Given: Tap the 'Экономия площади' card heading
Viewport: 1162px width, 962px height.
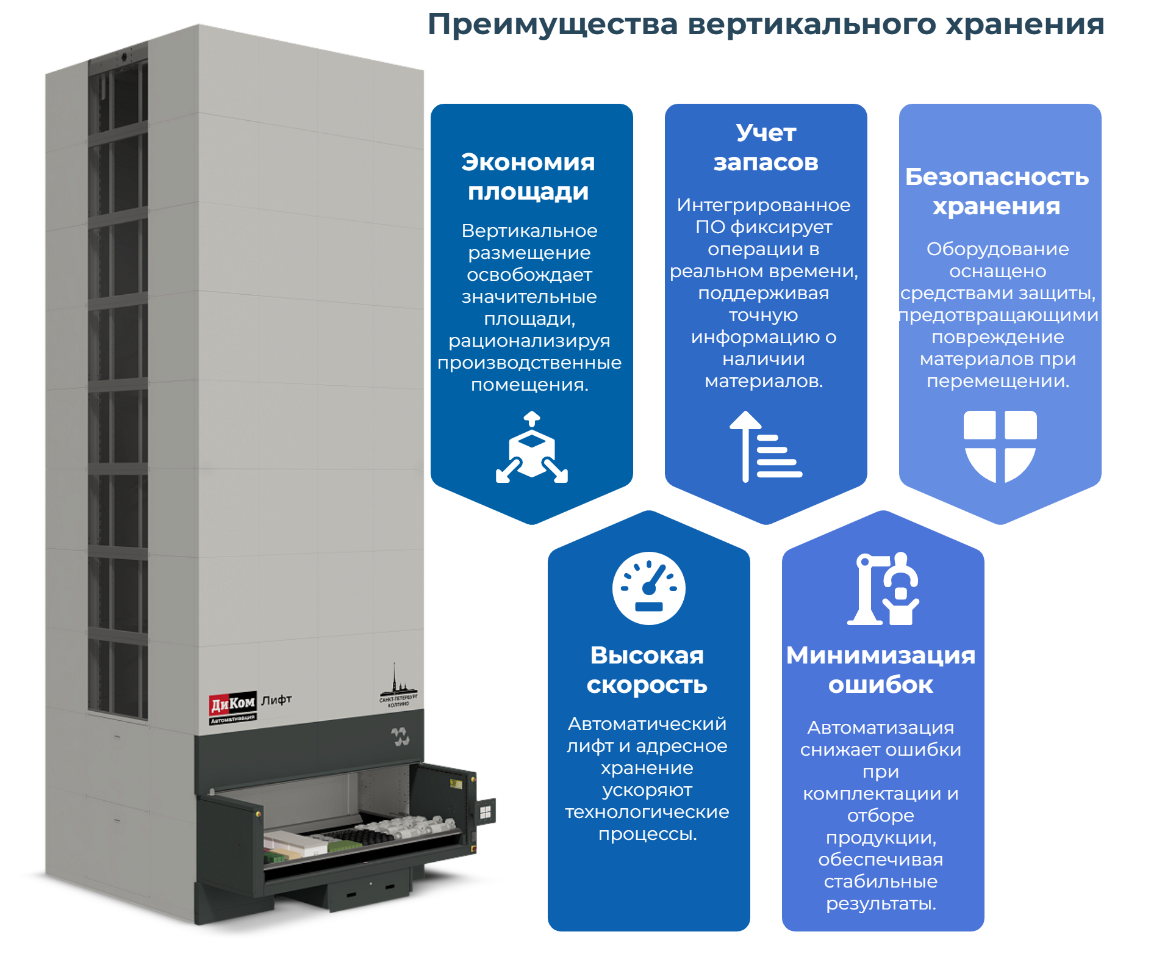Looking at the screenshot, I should (528, 177).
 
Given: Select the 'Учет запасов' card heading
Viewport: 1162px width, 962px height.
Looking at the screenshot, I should (766, 148).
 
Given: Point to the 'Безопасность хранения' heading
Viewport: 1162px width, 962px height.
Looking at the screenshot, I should (997, 192).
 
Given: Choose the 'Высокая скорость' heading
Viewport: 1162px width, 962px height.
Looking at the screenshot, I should (647, 670).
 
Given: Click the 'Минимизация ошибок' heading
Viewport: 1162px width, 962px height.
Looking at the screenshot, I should (881, 670).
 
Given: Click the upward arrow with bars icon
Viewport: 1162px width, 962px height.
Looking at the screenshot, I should (765, 447).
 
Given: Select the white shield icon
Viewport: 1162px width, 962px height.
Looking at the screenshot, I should (1000, 446).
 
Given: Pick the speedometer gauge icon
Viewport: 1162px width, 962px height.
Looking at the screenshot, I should (648, 588).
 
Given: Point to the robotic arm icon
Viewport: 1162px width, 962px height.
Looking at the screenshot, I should (883, 588).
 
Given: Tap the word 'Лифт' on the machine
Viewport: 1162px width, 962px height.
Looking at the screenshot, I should (276, 700).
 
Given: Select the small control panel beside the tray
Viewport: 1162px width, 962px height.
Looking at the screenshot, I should (486, 812).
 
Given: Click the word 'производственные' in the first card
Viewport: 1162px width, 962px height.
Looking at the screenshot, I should (529, 363).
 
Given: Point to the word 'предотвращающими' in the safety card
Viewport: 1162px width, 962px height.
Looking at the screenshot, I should (998, 316).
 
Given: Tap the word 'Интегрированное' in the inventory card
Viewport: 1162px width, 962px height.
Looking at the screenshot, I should (764, 205).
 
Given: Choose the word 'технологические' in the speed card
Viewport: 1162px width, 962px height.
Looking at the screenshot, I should (647, 812).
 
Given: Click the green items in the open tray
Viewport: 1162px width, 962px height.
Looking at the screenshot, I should (345, 846).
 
